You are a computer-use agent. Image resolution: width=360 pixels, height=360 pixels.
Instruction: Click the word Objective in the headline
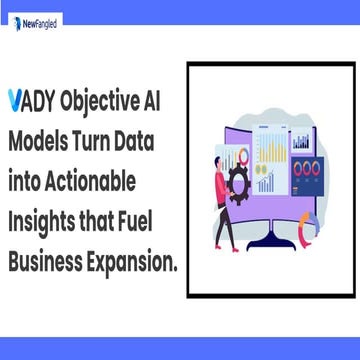(99, 101)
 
